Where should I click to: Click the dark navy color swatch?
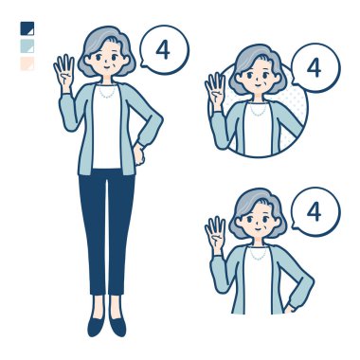pos(27,28)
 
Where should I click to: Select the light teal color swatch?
pos(27,46)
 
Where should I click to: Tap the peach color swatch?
pos(27,63)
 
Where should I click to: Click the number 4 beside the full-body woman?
pos(163,50)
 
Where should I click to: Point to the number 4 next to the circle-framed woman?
pos(314,68)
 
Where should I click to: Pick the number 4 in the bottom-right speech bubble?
pos(314,211)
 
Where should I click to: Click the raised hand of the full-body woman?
pos(64,73)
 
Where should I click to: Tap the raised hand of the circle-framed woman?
pos(215,91)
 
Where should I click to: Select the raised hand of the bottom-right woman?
pos(215,235)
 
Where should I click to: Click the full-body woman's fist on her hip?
pos(138,154)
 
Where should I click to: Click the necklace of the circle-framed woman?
pos(258,110)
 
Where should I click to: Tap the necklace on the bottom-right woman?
pos(258,254)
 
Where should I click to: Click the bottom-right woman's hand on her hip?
pos(290,308)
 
